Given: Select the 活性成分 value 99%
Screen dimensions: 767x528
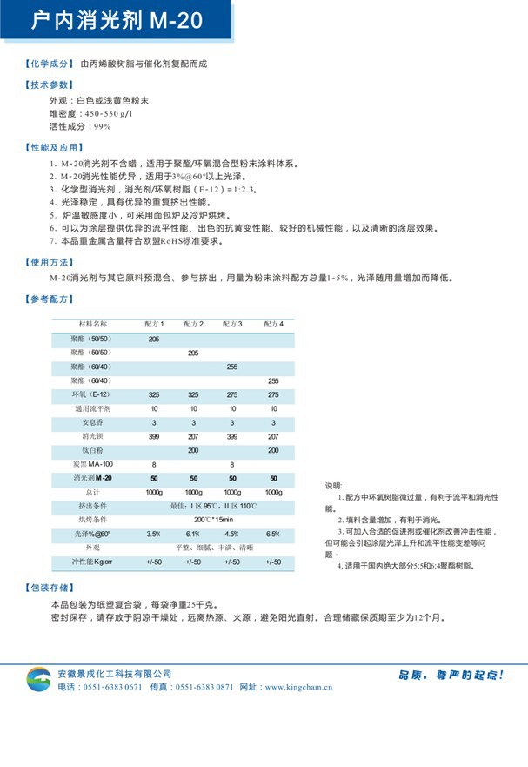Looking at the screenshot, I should [97, 126].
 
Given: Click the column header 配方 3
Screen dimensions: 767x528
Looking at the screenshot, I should [232, 324].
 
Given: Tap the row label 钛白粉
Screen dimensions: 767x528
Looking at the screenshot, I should [92, 450].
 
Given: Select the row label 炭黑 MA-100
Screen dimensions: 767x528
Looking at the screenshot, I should [92, 464].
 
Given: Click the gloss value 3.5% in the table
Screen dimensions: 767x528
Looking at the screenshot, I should [154, 534].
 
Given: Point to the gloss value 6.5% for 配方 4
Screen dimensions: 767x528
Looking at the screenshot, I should [273, 534].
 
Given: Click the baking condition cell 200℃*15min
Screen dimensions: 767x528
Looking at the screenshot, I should [213, 520].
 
